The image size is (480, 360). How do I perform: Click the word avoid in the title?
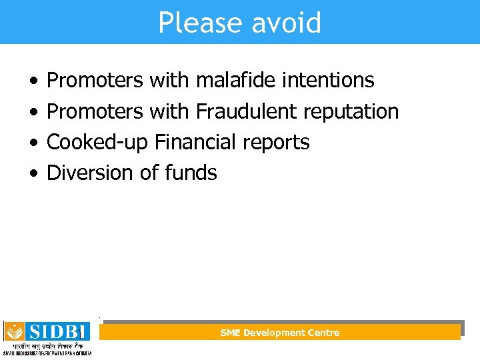286,23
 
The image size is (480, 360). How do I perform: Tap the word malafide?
235,81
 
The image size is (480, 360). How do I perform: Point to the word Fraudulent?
246,111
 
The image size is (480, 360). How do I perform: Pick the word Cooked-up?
97,143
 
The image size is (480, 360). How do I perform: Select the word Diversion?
90,173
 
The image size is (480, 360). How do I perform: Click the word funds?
191,173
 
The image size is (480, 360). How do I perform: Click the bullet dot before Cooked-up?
33,143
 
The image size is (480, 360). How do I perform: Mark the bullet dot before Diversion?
33,173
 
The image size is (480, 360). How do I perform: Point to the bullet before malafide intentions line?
33,81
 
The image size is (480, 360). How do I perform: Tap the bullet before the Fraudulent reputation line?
33,112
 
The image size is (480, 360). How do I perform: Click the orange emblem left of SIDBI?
14,331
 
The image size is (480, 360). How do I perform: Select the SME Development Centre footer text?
280,333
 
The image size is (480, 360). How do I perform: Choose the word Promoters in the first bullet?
95,81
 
